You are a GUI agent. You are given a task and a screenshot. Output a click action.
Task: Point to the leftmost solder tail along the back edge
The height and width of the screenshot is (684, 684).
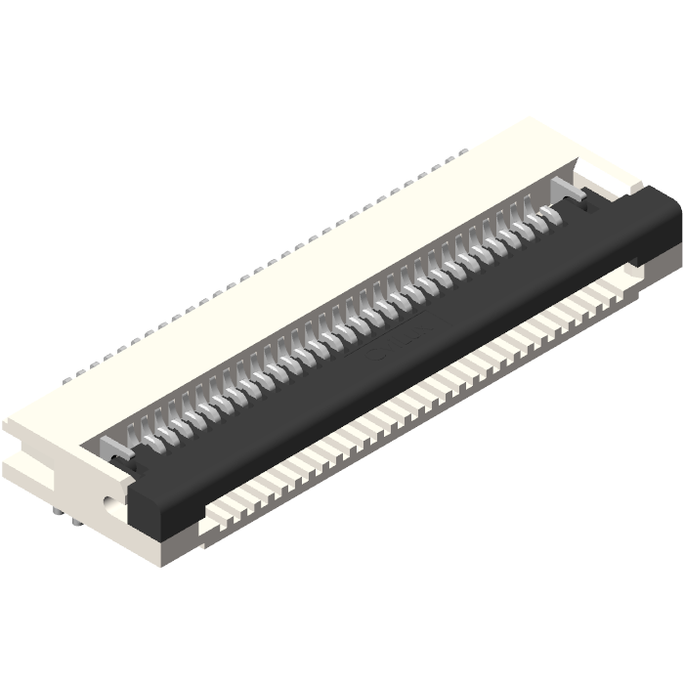[x=68, y=376]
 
